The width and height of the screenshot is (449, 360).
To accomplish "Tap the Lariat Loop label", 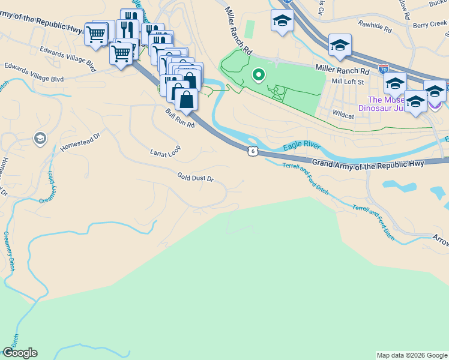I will [x=165, y=152].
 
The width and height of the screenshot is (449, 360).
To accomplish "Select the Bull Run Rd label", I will [x=181, y=118].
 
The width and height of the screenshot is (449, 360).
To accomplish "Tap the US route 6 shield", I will [x=253, y=151].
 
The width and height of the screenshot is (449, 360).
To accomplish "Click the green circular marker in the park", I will [x=259, y=75].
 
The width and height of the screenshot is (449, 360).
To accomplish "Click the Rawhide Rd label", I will [x=375, y=27].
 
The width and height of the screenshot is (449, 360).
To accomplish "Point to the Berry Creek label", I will [x=430, y=25].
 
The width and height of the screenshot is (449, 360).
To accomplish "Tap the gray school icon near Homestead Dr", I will [x=40, y=139].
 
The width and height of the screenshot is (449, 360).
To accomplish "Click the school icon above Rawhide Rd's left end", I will [x=282, y=22].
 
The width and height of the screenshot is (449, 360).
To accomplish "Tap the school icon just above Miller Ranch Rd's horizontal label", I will [x=340, y=46].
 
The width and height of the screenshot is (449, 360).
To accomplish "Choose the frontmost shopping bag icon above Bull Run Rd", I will [x=186, y=99].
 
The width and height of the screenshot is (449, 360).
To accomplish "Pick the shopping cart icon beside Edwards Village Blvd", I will [x=121, y=53].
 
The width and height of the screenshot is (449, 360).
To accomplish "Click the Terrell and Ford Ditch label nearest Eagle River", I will [x=306, y=177].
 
